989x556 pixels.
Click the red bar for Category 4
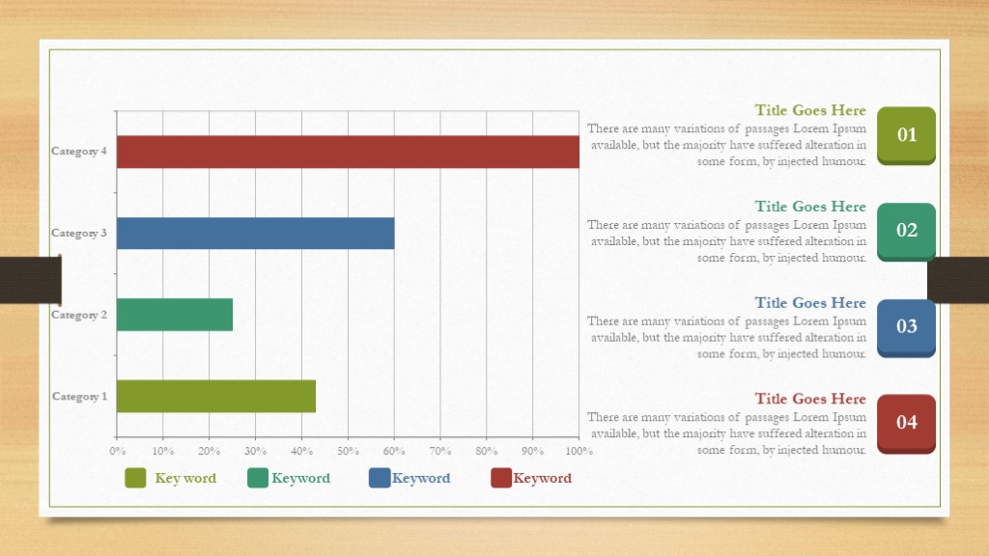coord(348,152)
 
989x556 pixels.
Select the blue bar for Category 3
coord(255,234)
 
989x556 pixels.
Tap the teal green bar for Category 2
coord(175,315)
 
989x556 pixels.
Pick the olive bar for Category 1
coord(216,397)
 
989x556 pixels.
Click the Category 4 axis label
coord(79,152)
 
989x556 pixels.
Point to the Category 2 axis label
coord(79,315)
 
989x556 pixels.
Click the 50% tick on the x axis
coord(348,451)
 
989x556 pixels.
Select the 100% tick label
coord(579,451)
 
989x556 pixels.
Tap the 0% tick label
coord(117,451)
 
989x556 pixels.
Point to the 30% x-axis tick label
coord(255,451)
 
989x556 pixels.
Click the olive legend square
coord(135,478)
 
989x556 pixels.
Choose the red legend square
coord(501,478)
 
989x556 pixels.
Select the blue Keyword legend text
coord(421,478)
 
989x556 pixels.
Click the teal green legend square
coord(257,478)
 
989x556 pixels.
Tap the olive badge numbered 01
coord(906,135)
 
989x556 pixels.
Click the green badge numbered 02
coord(906,232)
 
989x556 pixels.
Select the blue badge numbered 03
coord(906,328)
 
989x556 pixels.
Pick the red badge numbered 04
coord(906,424)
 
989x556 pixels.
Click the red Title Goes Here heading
coord(810,399)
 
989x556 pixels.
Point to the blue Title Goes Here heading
coord(810,302)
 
